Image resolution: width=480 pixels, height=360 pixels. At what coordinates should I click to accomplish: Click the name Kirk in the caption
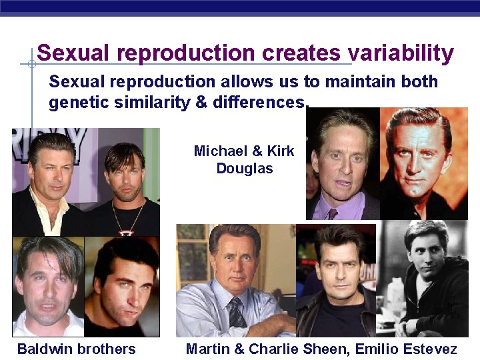(278, 151)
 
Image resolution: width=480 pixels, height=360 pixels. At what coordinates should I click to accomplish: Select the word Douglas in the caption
(245, 168)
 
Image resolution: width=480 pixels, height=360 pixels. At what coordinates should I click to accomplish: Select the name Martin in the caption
(207, 349)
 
